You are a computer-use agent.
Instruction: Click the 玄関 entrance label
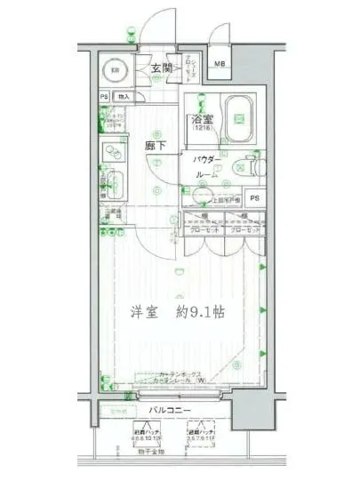point(155,69)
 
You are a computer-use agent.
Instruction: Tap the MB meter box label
point(219,64)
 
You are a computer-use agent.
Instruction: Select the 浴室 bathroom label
point(199,122)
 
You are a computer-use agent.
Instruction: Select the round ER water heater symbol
point(115,70)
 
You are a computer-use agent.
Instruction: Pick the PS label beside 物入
point(103,96)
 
